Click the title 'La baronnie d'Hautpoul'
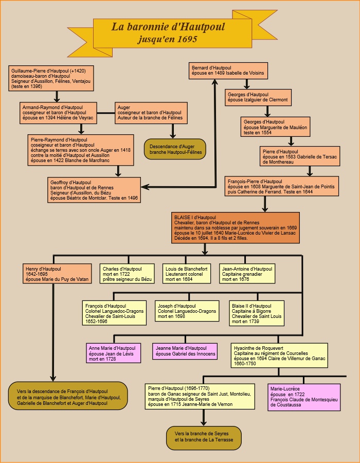pyautogui.click(x=168, y=27)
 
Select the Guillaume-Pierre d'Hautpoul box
pyautogui.click(x=51, y=78)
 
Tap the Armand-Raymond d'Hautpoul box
pyautogui.click(x=58, y=113)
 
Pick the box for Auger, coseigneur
pyautogui.click(x=151, y=113)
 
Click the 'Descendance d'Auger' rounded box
pyautogui.click(x=175, y=149)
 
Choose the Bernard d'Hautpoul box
pyautogui.click(x=228, y=70)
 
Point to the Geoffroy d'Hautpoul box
pyautogui.click(x=94, y=190)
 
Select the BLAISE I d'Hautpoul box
pyautogui.click(x=236, y=228)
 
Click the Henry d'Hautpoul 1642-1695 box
pyautogui.click(x=57, y=274)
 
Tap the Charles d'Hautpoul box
pyautogui.click(x=127, y=274)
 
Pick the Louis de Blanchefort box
pyautogui.click(x=187, y=274)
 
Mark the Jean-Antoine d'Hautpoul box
pyautogui.click(x=247, y=274)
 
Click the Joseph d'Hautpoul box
pyautogui.click(x=187, y=311)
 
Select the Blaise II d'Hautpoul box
pyautogui.click(x=257, y=313)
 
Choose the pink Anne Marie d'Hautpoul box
pyautogui.click(x=113, y=353)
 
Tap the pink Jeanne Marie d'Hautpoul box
pyautogui.click(x=185, y=351)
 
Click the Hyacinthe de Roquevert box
pyautogui.click(x=279, y=355)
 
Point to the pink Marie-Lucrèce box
pyautogui.click(x=304, y=397)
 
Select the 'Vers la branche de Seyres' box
pyautogui.click(x=204, y=438)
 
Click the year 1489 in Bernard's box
pyautogui.click(x=220, y=73)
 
